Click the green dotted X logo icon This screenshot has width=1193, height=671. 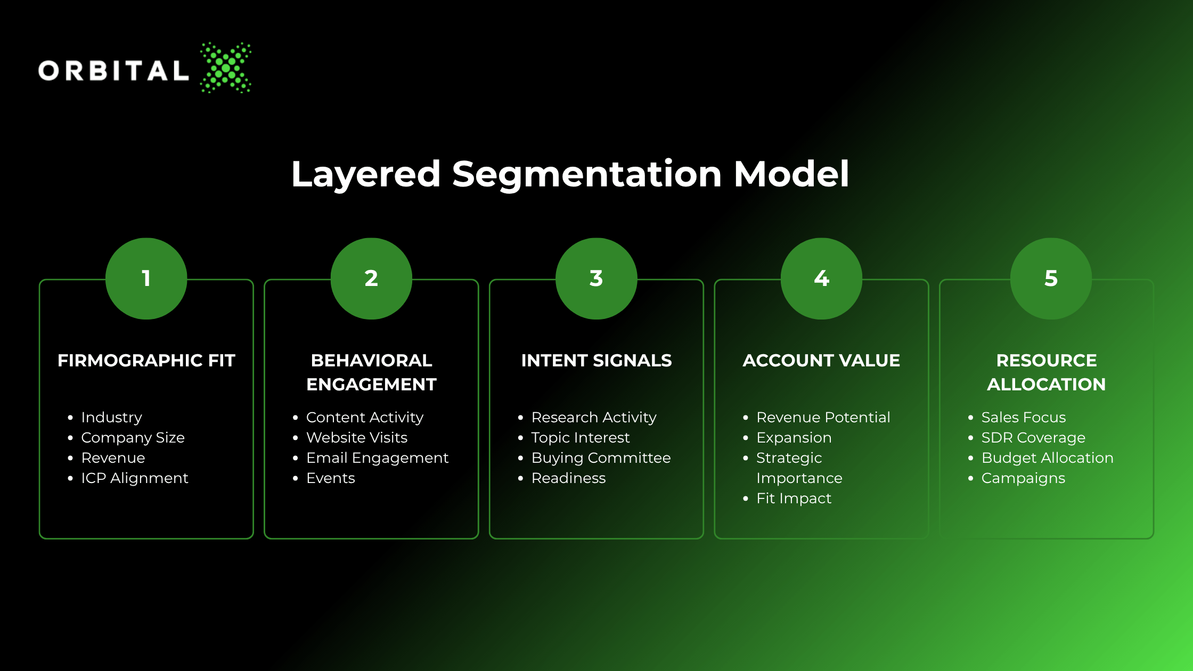(x=226, y=68)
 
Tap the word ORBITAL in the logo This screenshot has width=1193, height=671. (x=113, y=71)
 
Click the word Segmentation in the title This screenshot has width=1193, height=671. (x=587, y=175)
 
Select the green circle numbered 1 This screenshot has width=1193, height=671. (x=146, y=279)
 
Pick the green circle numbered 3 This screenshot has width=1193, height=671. (x=596, y=279)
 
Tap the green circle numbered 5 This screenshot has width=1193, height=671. (x=1051, y=279)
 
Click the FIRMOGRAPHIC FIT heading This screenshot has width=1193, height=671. (x=146, y=361)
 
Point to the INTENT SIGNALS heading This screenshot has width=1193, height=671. (x=596, y=361)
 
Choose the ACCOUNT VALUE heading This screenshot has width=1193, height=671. (x=821, y=361)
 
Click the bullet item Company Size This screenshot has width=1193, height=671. (x=133, y=438)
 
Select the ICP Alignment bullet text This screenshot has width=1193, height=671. (x=135, y=478)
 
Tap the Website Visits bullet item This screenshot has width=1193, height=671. (x=357, y=438)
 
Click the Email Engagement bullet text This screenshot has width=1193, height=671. (x=377, y=458)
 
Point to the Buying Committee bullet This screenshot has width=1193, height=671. (x=601, y=458)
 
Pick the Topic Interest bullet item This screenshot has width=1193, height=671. (x=581, y=438)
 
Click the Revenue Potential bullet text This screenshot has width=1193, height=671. (x=823, y=418)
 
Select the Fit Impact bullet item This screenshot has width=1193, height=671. (x=794, y=498)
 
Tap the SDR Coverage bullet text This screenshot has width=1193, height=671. (x=1033, y=438)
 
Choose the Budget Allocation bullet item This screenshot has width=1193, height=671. (x=1048, y=458)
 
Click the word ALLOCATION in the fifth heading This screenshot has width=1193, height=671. (x=1047, y=384)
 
